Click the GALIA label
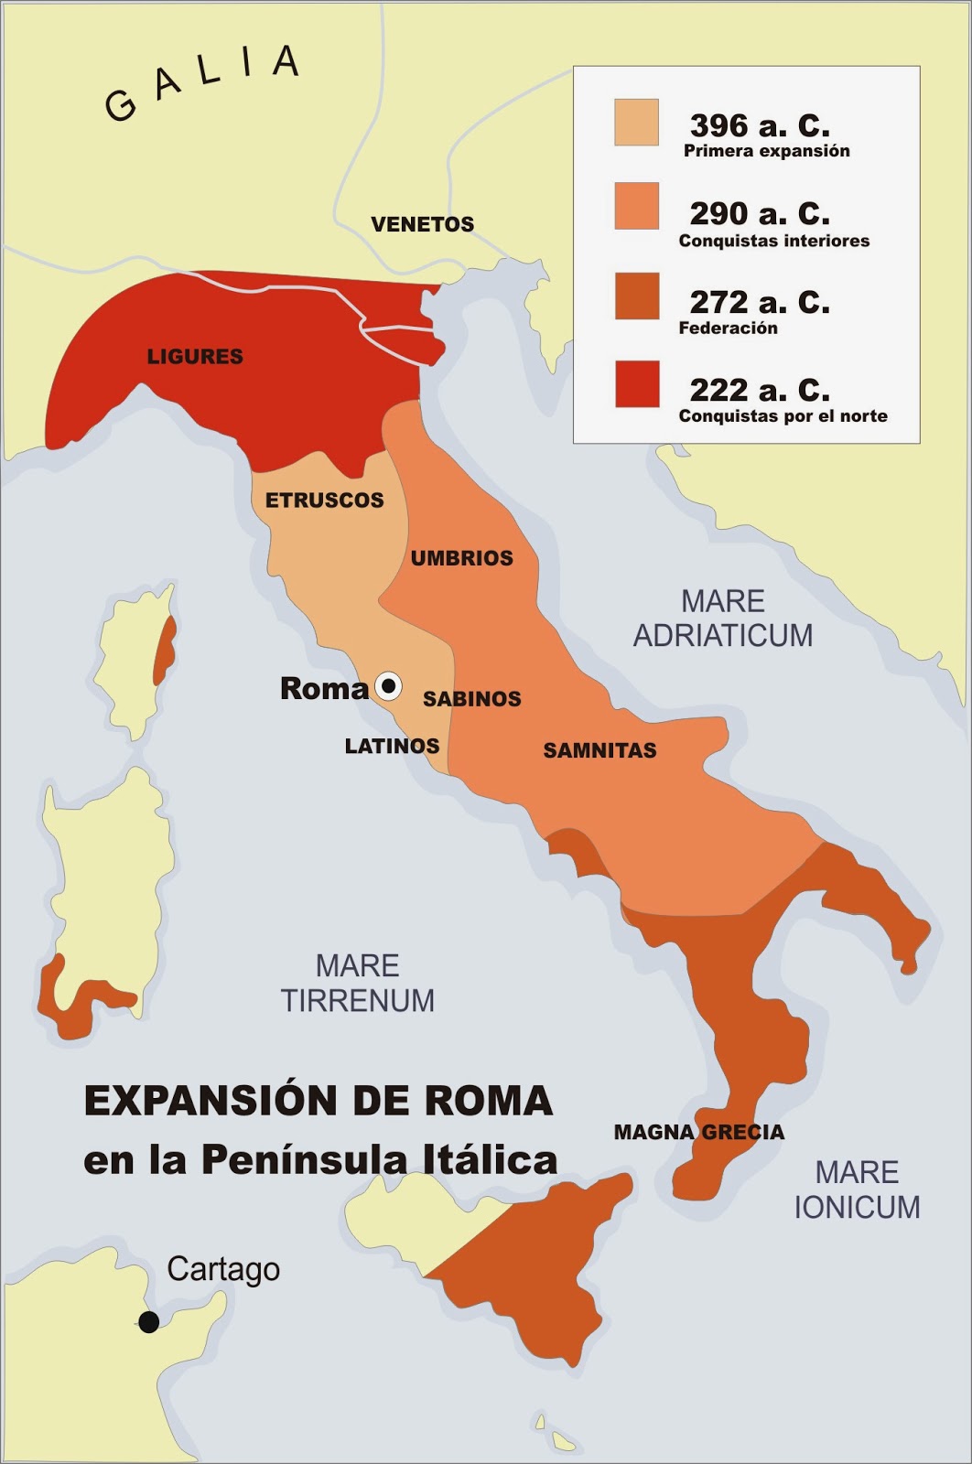[x=202, y=82]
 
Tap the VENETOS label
[x=422, y=224]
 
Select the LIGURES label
[x=195, y=356]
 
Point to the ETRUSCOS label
[x=324, y=500]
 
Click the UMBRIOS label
[x=461, y=558]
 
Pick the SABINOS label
[x=471, y=699]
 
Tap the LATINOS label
[x=392, y=746]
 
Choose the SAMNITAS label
[x=599, y=750]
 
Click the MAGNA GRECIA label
[x=698, y=1132]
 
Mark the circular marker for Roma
[x=388, y=685]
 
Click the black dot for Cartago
[x=148, y=1321]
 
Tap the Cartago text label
[x=223, y=1269]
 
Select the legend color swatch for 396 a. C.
[x=636, y=123]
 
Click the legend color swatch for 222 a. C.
[x=636, y=384]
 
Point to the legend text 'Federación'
[x=728, y=328]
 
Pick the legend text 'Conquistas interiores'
[x=773, y=241]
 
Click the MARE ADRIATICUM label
[x=723, y=618]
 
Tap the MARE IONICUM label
[x=857, y=1189]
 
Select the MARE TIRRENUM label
[x=357, y=983]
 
